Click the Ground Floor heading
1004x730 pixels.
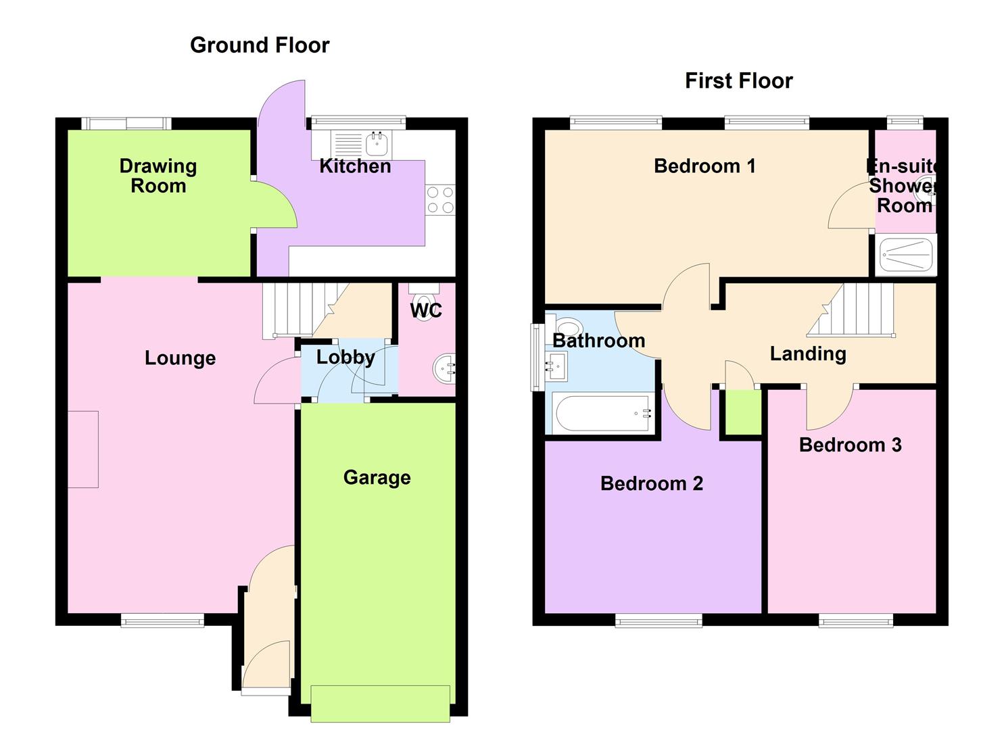pyautogui.click(x=260, y=45)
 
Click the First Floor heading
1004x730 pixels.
pyautogui.click(x=738, y=81)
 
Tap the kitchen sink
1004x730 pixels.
pyautogui.click(x=376, y=144)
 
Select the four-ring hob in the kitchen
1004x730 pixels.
pyautogui.click(x=440, y=201)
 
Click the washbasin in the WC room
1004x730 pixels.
pyautogui.click(x=445, y=368)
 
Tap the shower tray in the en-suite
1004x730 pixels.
pyautogui.click(x=906, y=255)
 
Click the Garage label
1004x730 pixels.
pyautogui.click(x=377, y=478)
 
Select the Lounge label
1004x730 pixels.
pyautogui.click(x=180, y=358)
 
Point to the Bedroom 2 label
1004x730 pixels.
pyautogui.click(x=651, y=484)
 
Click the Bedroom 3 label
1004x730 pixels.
pyautogui.click(x=850, y=445)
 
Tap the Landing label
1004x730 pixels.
pyautogui.click(x=808, y=354)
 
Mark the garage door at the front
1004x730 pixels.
pyautogui.click(x=380, y=703)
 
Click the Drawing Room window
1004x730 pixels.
pyautogui.click(x=126, y=124)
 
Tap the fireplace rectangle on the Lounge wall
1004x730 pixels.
pyautogui.click(x=83, y=449)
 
